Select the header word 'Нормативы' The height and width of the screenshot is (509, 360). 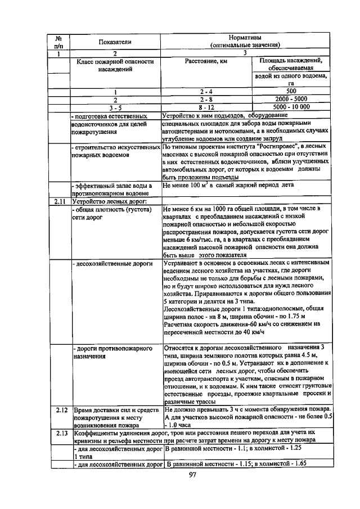pyautogui.click(x=244, y=38)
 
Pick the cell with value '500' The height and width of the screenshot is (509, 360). pyautogui.click(x=291, y=91)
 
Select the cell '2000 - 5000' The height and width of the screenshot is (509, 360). pyautogui.click(x=291, y=98)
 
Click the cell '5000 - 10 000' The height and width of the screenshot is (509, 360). pyautogui.click(x=291, y=106)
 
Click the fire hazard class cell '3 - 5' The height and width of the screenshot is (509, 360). pyautogui.click(x=115, y=106)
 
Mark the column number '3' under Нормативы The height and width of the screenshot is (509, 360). pyautogui.click(x=244, y=53)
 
